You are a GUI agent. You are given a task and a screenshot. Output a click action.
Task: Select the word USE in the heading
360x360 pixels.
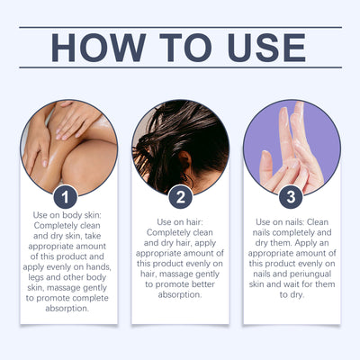pos(266,48)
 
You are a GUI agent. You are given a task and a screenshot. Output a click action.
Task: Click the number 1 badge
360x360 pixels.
pos(66,197)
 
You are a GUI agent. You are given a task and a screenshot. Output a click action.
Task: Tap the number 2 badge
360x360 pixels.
pos(180,197)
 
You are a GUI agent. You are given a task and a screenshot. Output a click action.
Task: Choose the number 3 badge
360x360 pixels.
pos(291,197)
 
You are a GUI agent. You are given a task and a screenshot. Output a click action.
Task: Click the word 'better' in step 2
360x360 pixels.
pos(201,284)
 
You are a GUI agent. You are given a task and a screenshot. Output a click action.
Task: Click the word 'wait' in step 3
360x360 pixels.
pos(293,284)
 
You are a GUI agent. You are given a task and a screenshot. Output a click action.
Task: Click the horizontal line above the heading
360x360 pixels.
pos(181,27)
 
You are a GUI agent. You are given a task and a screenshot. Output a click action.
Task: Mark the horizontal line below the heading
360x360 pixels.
pos(181,67)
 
